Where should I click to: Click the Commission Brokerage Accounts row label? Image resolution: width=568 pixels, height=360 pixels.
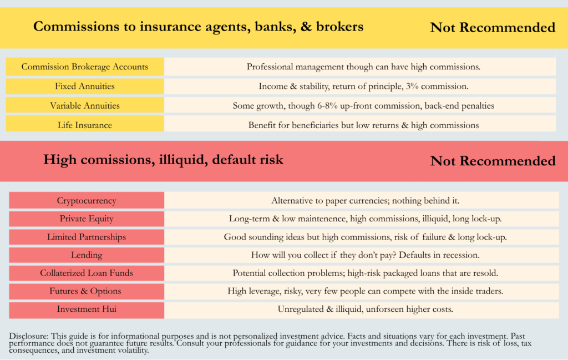click(85, 67)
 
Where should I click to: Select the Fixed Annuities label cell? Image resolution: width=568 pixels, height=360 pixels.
click(85, 86)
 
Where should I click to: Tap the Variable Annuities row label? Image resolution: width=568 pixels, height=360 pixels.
click(85, 105)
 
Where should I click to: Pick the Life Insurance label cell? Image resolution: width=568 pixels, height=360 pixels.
click(85, 125)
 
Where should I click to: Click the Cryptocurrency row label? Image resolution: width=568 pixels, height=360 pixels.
click(87, 200)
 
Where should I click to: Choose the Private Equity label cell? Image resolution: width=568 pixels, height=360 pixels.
click(87, 219)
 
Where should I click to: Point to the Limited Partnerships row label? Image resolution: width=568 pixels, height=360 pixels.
click(87, 237)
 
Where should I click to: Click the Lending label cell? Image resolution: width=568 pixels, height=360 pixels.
click(87, 255)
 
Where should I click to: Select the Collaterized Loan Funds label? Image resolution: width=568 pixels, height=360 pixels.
click(87, 273)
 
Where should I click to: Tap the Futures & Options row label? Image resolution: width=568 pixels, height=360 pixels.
click(87, 291)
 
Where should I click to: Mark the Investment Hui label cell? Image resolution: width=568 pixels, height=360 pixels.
click(87, 310)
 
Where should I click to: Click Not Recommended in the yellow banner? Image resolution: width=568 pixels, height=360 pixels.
click(493, 27)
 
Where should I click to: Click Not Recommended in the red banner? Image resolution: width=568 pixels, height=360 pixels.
click(493, 161)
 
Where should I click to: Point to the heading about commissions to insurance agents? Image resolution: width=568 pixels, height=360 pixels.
click(198, 27)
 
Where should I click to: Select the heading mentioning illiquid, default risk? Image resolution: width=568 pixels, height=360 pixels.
click(163, 160)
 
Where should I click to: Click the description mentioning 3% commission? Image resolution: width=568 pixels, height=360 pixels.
click(363, 86)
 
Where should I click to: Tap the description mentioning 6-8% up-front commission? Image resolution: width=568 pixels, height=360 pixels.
click(363, 105)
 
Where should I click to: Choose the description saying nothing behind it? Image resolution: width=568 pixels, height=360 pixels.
click(366, 200)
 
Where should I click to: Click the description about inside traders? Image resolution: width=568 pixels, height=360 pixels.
click(366, 291)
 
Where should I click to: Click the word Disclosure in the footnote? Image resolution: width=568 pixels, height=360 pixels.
click(28, 336)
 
